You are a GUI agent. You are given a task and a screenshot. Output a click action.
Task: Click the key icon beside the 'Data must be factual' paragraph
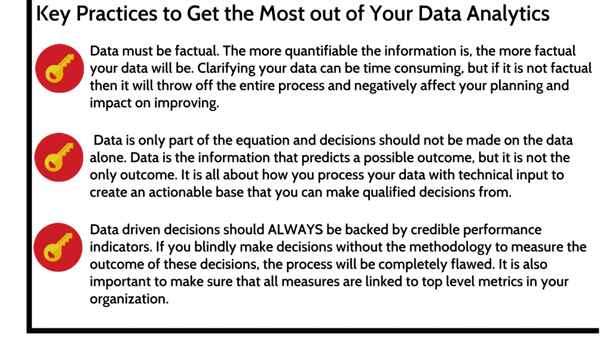click(60, 68)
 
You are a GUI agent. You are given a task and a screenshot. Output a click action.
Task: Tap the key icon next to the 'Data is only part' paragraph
click(59, 157)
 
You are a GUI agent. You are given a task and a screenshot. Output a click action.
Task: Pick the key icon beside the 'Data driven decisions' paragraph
click(58, 247)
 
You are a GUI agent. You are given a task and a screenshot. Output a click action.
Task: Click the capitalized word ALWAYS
click(295, 230)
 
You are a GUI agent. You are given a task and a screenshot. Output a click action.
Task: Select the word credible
click(434, 230)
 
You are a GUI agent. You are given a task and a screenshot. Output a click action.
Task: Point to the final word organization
click(129, 300)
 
